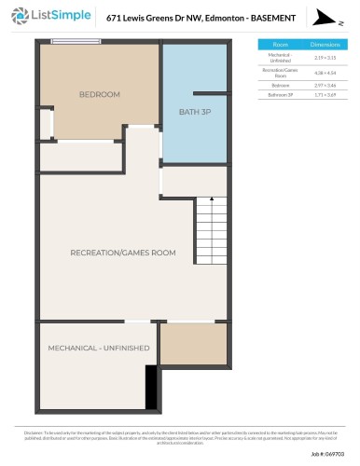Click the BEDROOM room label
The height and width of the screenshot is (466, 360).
point(99,94)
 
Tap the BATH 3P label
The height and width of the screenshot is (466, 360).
point(194,114)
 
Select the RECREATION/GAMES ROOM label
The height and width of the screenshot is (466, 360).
point(123,253)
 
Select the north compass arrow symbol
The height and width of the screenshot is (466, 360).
point(325,17)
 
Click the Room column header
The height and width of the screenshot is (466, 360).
point(280,44)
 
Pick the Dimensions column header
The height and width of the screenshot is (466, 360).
point(324,44)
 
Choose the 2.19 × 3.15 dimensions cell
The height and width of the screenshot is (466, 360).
point(324,57)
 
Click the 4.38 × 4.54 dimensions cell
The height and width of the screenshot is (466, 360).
point(324,72)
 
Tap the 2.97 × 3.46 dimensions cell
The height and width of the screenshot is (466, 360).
point(324,84)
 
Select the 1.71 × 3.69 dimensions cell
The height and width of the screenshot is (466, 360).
point(324,94)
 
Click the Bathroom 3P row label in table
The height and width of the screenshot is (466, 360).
point(280,94)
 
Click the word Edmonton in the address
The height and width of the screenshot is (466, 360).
point(223,18)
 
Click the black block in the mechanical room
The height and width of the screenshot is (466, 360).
point(150,381)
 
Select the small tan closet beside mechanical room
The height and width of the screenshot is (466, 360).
point(193,344)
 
